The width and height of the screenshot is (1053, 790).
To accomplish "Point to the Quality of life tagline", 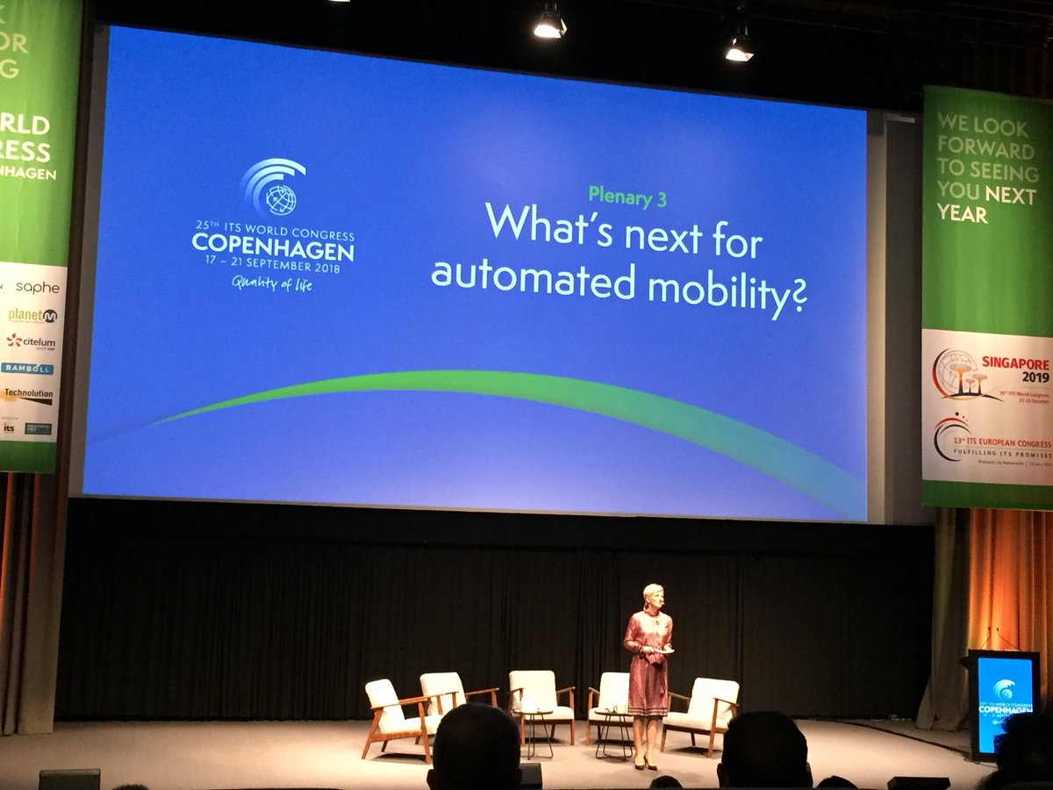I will click(x=272, y=283).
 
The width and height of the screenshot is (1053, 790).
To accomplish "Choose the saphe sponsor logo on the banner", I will click(x=37, y=287).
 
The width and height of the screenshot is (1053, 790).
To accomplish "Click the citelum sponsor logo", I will click(x=32, y=341).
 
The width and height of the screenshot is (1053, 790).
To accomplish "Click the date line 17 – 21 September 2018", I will click(x=273, y=267).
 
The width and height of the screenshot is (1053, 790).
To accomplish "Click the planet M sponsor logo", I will click(x=33, y=314).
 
